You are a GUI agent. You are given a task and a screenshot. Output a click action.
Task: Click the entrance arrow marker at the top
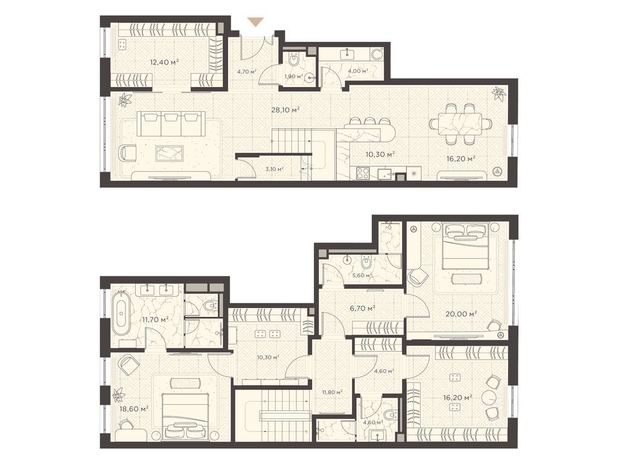256,22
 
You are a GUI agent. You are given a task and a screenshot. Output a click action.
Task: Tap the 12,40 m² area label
164,62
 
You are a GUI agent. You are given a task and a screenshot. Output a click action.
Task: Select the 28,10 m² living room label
285,109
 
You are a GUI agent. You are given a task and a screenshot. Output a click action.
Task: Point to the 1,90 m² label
293,76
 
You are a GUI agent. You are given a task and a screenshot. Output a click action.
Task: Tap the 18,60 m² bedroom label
134,408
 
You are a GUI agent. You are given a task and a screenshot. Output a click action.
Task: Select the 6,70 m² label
362,308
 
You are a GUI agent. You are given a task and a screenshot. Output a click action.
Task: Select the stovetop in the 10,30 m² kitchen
363,173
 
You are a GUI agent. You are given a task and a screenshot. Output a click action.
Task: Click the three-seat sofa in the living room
171,124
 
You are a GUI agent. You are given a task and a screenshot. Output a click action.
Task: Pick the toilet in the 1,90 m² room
294,60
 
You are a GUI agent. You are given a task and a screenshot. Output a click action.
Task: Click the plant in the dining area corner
499,94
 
